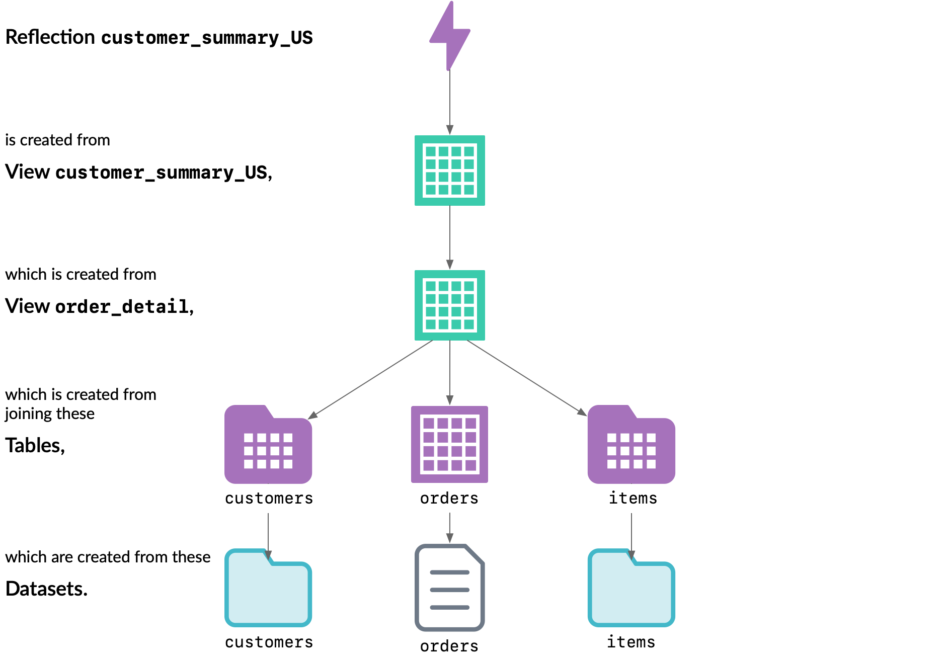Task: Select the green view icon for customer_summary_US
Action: pos(449,171)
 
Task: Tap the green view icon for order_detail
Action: pos(449,305)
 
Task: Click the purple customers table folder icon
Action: pos(268,445)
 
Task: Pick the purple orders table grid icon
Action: pos(449,444)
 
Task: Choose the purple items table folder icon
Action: pos(631,445)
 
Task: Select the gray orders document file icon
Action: pos(449,588)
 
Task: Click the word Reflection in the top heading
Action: pos(50,37)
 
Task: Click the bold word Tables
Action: pos(34,446)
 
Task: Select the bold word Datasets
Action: pos(46,589)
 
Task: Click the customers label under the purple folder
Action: pos(269,498)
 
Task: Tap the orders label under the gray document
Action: pos(449,645)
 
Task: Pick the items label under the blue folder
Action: pos(631,642)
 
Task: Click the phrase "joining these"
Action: pos(50,414)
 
